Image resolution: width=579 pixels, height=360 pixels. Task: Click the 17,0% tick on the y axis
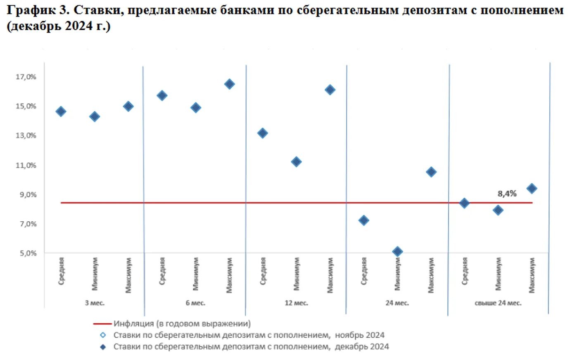(x=26, y=77)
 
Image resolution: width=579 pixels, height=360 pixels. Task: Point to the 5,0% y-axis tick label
(x=28, y=253)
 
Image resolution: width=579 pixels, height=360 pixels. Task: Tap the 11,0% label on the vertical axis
(x=26, y=165)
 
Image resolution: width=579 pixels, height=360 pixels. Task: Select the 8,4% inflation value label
(x=507, y=194)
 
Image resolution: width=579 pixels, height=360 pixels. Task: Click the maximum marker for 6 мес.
(x=229, y=84)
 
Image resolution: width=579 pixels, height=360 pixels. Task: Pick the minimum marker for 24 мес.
(x=397, y=251)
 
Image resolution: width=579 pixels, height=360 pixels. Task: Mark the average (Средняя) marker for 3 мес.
(x=61, y=111)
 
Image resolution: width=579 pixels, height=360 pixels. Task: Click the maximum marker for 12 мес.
(x=330, y=90)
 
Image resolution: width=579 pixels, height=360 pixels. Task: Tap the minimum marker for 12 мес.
(x=296, y=162)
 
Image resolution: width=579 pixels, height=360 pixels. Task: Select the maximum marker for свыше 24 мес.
(x=532, y=189)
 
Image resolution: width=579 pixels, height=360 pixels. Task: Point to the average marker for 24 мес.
(x=363, y=220)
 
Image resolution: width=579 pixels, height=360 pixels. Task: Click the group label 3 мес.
(x=95, y=303)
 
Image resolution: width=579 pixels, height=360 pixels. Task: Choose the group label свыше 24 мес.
(x=498, y=303)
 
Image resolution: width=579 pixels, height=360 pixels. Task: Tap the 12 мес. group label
(x=296, y=303)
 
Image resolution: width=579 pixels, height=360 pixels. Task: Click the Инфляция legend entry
(x=182, y=324)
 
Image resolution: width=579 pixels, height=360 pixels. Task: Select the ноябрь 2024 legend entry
(x=249, y=335)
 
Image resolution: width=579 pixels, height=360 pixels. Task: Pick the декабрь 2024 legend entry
(x=251, y=347)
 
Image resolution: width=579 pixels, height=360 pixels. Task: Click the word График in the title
(x=31, y=10)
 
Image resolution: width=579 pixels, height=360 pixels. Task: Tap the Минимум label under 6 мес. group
(x=196, y=274)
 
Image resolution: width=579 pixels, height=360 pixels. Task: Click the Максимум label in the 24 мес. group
(x=431, y=275)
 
